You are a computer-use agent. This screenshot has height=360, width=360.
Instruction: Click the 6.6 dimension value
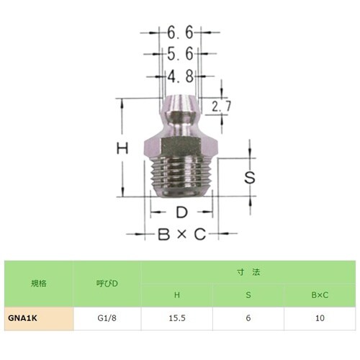click(x=180, y=33)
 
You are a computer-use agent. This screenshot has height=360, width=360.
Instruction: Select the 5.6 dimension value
click(x=180, y=54)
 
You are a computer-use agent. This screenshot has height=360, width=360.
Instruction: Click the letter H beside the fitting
click(x=123, y=148)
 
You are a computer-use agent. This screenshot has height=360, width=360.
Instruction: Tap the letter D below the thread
click(x=181, y=213)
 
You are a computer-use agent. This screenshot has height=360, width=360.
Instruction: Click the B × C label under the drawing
click(x=181, y=235)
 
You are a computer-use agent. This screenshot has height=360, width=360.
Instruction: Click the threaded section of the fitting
click(x=181, y=177)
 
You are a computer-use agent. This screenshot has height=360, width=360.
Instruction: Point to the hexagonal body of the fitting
click(x=181, y=144)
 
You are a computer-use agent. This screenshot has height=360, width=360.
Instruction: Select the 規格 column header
click(x=39, y=284)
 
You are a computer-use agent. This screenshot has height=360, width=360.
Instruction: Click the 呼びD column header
click(x=107, y=284)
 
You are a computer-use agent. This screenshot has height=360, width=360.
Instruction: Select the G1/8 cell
click(x=107, y=317)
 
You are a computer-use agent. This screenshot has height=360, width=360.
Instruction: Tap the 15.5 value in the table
click(x=177, y=317)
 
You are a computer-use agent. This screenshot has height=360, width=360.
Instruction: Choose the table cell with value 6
click(x=248, y=317)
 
